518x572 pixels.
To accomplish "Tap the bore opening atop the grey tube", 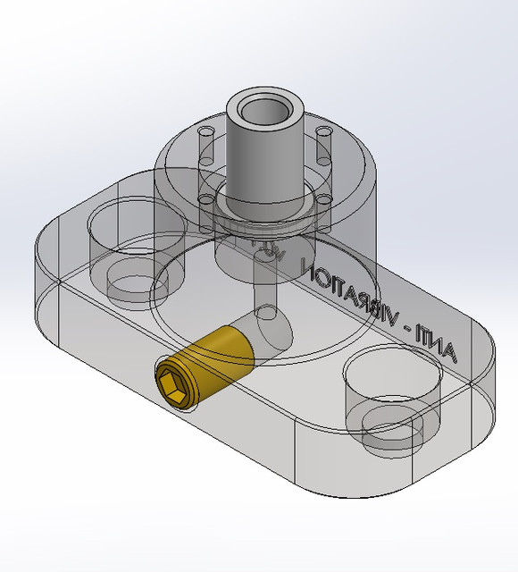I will click(x=264, y=112).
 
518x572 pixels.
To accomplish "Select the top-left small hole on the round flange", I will click(x=206, y=133).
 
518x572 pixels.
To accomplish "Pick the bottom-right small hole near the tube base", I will click(x=324, y=198).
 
